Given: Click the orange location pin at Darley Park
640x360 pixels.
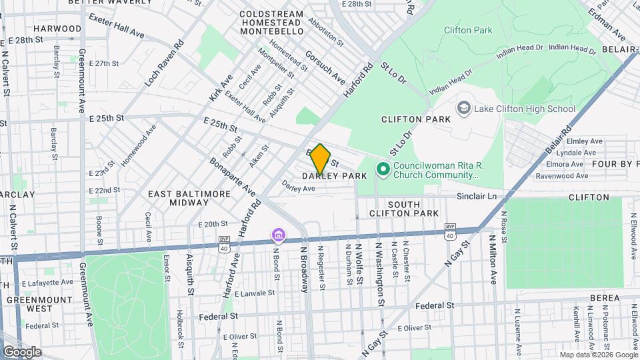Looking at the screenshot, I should coord(320,159).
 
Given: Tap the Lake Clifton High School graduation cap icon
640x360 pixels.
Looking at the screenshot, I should coord(463,108).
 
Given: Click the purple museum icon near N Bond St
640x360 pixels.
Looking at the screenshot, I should coord(278,235).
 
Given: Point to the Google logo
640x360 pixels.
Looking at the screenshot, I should coord(22,351).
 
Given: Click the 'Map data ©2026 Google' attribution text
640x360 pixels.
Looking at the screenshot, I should coord(598,355).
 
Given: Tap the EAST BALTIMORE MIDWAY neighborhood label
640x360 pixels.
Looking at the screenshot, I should coord(189,198).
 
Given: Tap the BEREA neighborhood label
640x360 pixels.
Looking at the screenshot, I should coord(605,298).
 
